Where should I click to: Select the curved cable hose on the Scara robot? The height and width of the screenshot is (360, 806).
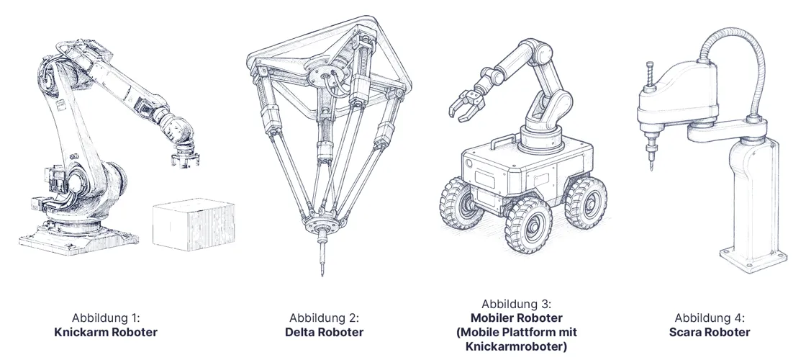coord(741,58)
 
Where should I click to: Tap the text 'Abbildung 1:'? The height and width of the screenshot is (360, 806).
coord(106,318)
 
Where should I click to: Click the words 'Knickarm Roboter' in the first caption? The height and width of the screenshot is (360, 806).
coord(106,332)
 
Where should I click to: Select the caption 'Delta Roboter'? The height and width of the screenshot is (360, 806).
coord(324,332)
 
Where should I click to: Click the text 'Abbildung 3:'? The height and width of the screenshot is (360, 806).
coord(516,304)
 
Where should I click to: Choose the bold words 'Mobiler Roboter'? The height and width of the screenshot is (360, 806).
coord(516,318)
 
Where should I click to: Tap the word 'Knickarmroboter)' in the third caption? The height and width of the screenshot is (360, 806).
coord(516,346)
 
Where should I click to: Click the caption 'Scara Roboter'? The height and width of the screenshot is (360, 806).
coord(710,332)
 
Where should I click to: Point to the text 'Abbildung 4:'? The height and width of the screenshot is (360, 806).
coord(710,318)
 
